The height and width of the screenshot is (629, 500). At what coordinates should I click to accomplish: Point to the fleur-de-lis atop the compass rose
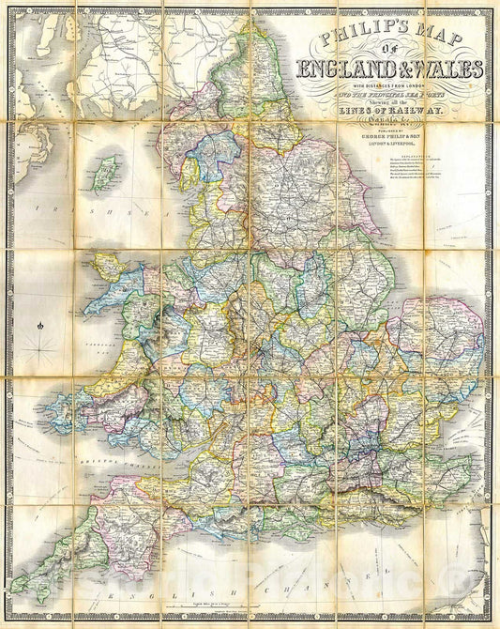[x=41, y=327]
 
